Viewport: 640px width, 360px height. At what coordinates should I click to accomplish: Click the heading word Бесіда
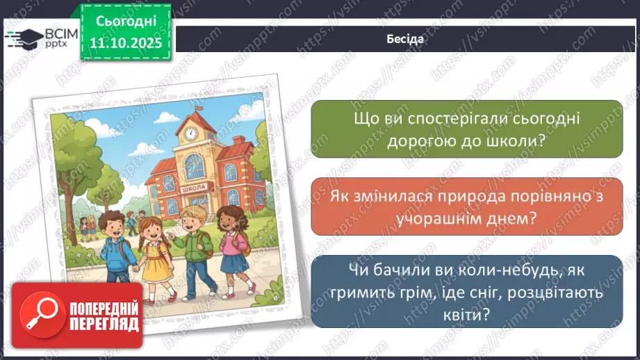pos(406,39)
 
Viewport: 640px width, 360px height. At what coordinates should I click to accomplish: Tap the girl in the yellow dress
pos(154,250)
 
